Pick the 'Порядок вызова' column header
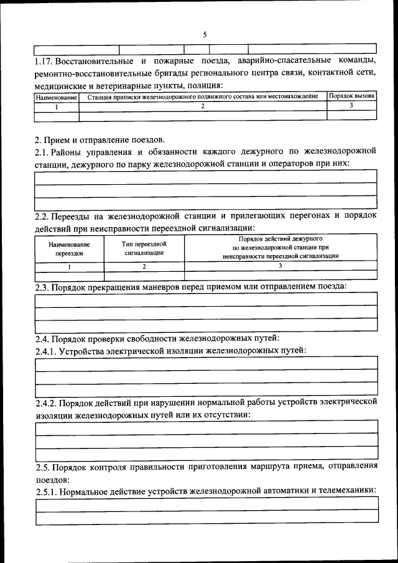(x=352, y=96)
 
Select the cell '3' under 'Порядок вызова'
(x=351, y=106)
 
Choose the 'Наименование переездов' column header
(x=68, y=249)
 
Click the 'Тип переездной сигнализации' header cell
(x=144, y=249)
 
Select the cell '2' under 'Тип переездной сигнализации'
(x=144, y=266)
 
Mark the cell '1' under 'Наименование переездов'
(x=69, y=266)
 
